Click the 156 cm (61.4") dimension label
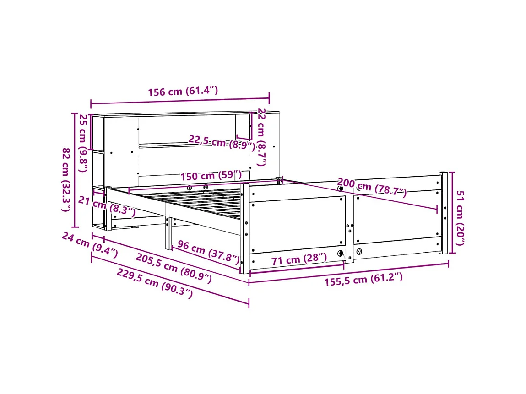click(183, 92)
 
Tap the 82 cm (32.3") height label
click(67, 179)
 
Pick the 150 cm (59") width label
click(211, 176)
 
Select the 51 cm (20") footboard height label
click(461, 212)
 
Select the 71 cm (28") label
click(299, 260)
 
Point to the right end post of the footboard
click(443, 213)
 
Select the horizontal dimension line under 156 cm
click(180, 100)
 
